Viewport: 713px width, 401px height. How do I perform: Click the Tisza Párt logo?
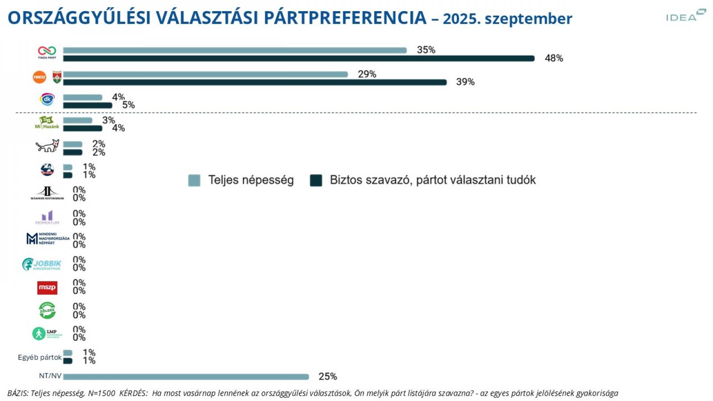click(47, 52)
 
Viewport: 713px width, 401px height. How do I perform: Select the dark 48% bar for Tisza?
click(299, 58)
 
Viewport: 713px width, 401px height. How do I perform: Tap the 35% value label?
click(426, 50)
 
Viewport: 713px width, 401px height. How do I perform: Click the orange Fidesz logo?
click(40, 77)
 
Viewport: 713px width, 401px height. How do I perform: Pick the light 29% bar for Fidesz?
click(205, 74)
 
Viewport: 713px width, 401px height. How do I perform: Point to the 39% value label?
click(465, 82)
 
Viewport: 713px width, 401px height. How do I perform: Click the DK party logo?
click(47, 99)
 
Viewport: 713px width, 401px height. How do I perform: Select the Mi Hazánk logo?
click(47, 123)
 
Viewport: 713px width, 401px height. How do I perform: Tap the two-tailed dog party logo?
click(47, 146)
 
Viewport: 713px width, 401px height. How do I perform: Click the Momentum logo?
click(47, 217)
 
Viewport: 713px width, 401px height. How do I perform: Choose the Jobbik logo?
click(42, 264)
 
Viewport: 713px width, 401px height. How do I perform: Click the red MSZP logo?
click(47, 287)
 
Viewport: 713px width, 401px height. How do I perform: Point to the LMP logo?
click(46, 333)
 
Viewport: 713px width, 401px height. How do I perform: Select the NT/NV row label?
click(50, 376)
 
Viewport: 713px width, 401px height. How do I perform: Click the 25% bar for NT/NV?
click(186, 377)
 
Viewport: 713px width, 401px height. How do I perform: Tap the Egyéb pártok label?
click(40, 357)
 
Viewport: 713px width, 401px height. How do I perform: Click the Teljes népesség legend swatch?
click(194, 180)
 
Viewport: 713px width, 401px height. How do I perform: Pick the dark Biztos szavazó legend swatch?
click(316, 180)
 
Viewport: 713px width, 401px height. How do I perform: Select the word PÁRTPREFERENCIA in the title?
click(345, 18)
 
